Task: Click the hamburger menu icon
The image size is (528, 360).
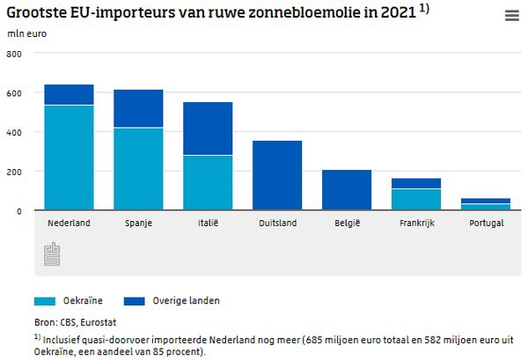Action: point(511,16)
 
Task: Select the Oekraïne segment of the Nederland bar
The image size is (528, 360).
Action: point(69,158)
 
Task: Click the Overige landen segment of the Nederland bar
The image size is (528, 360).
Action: point(69,95)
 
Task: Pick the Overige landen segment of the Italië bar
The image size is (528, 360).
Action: point(208,129)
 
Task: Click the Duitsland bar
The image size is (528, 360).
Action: point(277,175)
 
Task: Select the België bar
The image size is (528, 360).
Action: point(347,190)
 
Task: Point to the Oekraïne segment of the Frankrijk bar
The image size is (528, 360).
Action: point(416,200)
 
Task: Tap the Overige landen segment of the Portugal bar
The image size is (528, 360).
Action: point(486,201)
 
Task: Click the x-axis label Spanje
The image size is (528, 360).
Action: point(138,224)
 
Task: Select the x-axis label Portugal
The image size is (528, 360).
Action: point(486,224)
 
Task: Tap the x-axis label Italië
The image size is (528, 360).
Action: point(208,224)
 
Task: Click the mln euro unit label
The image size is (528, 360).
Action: point(26,33)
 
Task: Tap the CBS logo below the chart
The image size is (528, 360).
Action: point(50,254)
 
